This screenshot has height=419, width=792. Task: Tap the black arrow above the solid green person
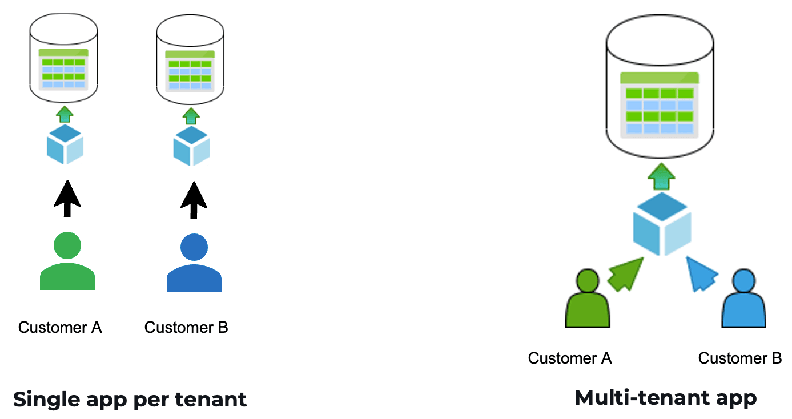67,199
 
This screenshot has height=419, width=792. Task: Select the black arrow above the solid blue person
194,199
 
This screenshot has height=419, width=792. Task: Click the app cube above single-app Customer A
65,144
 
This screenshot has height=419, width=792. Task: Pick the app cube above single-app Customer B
191,146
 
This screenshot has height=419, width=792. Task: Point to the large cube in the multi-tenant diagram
662,224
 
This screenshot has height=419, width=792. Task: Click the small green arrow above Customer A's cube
65,114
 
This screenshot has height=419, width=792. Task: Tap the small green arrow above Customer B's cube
191,116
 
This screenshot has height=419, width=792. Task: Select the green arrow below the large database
661,176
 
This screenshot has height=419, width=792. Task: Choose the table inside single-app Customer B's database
190,70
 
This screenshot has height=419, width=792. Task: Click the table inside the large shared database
660,104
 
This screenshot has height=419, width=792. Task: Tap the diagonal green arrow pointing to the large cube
625,274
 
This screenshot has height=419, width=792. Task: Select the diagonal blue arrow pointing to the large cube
701,274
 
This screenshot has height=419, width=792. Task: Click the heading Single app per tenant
130,399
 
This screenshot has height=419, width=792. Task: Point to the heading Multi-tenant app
665,398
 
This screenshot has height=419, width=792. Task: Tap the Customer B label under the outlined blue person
739,358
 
